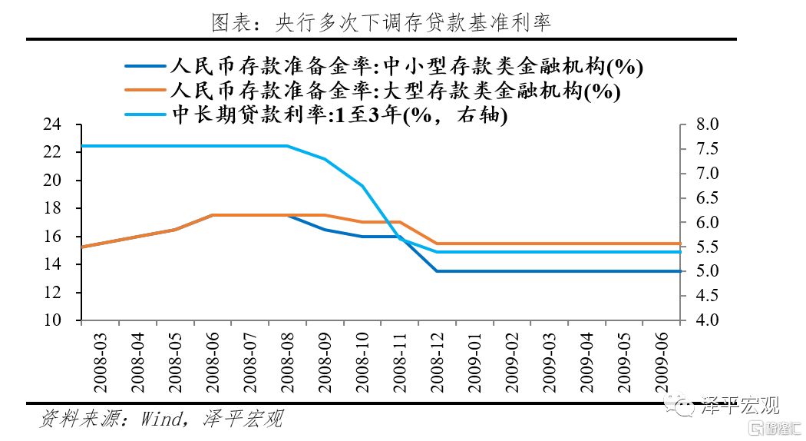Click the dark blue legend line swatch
point(147,66)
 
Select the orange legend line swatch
point(147,91)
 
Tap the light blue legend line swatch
point(147,115)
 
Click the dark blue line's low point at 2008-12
point(437,271)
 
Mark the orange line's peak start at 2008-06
point(213,215)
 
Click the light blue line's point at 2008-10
point(362,186)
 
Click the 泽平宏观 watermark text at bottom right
point(741,404)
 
